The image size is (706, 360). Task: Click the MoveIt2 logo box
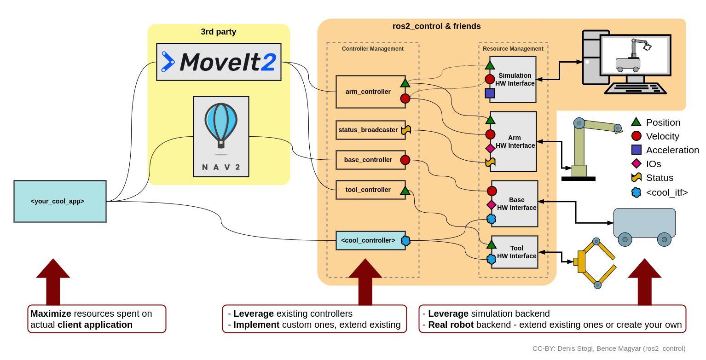click(x=219, y=62)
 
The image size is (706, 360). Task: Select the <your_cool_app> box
click(x=60, y=201)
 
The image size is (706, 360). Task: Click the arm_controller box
click(x=368, y=92)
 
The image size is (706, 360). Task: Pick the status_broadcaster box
click(x=368, y=130)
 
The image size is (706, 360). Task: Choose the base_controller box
click(x=368, y=160)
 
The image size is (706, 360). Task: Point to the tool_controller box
click(x=368, y=190)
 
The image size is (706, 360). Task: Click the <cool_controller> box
click(x=368, y=240)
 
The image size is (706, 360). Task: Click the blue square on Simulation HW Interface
click(x=490, y=93)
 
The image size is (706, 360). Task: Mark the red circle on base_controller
click(x=405, y=160)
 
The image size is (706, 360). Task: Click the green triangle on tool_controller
click(x=405, y=190)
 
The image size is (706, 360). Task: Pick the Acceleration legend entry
click(x=665, y=150)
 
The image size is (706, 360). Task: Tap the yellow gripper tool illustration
click(x=594, y=262)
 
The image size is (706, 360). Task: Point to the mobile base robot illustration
click(x=644, y=226)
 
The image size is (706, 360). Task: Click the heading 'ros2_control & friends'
click(x=436, y=26)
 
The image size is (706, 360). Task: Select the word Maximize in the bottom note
click(x=51, y=314)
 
